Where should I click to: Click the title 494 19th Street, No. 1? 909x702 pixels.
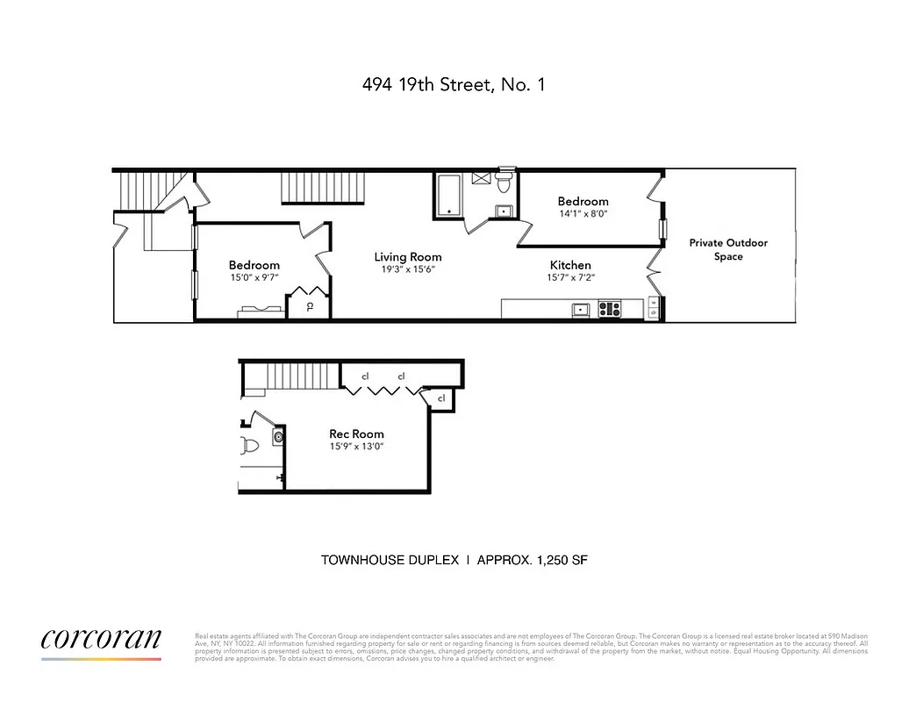coord(454,86)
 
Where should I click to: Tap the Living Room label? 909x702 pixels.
coord(407,257)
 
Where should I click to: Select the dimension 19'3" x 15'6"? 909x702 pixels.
coord(407,270)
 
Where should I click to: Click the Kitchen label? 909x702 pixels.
coord(570,265)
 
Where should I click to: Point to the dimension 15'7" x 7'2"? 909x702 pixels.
coord(570,278)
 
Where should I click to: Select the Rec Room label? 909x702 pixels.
coord(356,433)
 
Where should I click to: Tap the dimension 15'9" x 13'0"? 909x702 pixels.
coord(356,447)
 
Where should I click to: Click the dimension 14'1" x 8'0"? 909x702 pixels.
coord(583,213)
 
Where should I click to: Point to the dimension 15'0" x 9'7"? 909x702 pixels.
coord(254,278)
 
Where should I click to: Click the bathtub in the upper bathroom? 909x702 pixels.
coord(449,195)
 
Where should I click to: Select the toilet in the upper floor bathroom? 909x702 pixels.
coord(504,183)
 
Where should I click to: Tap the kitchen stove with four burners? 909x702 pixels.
coord(609,309)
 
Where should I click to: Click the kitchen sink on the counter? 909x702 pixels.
coord(580,309)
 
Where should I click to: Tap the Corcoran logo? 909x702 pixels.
coord(101,640)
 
